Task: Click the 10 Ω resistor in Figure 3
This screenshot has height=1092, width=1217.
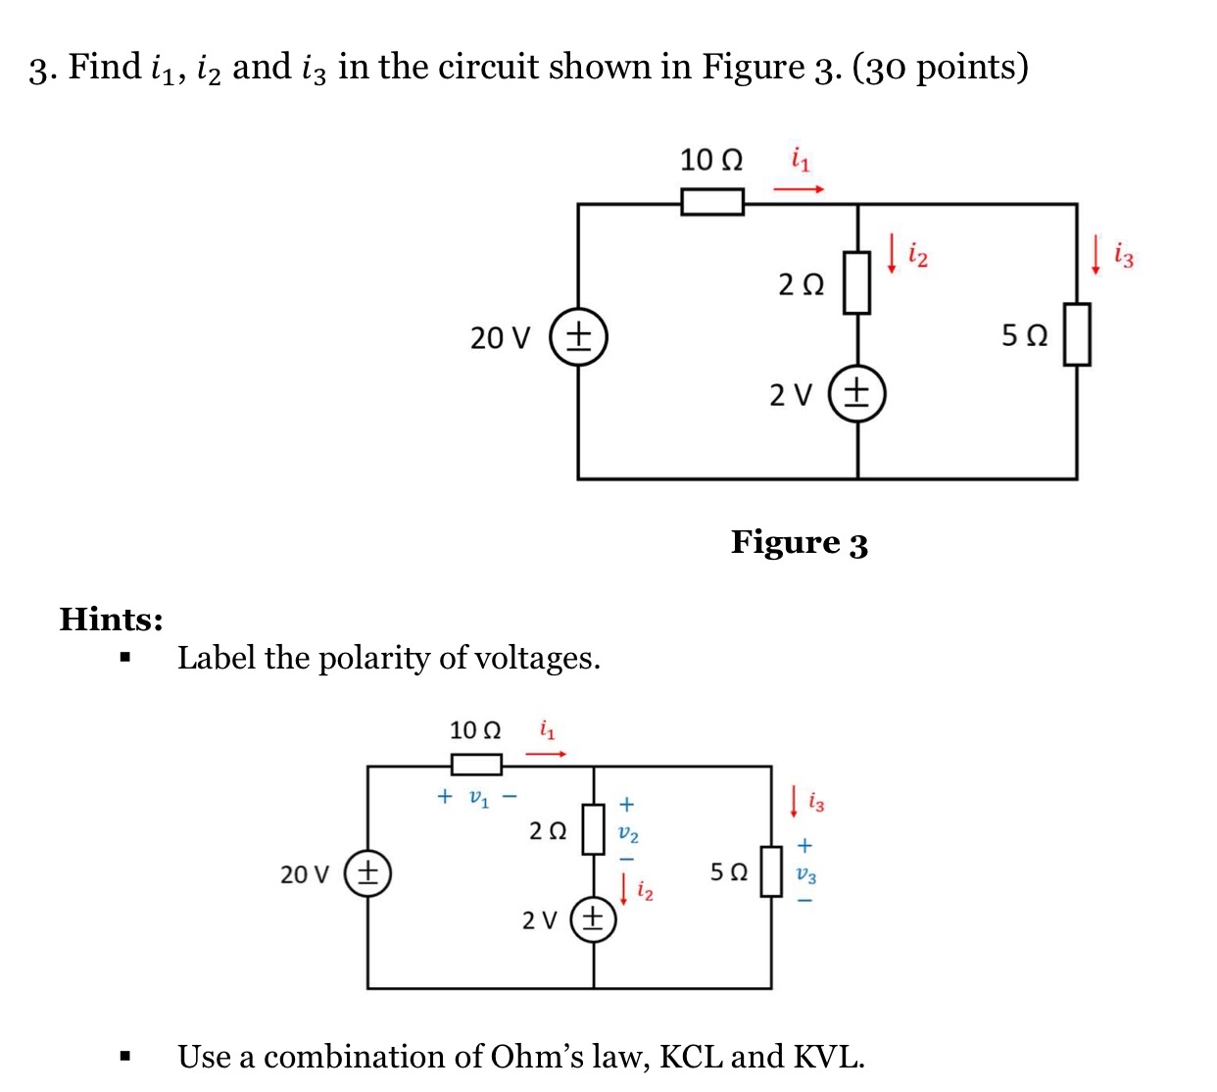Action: (712, 203)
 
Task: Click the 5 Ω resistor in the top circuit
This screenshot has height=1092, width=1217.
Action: (1077, 334)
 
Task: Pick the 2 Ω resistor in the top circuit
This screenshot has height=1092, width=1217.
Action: (857, 282)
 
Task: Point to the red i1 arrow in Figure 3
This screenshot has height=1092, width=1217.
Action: (799, 189)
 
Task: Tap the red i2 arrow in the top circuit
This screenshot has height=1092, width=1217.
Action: (892, 252)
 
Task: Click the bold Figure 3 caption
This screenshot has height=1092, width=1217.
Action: (800, 542)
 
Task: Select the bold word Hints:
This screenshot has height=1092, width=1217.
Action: (111, 620)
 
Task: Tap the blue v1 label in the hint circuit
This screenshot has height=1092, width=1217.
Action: (477, 797)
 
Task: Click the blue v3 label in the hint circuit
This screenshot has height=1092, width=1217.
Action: (805, 874)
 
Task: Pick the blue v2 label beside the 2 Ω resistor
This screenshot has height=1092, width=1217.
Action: (628, 834)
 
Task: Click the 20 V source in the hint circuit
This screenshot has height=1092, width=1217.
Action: (367, 872)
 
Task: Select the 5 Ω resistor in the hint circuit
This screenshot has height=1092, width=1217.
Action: (772, 871)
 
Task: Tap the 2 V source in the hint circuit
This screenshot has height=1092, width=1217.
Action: (593, 919)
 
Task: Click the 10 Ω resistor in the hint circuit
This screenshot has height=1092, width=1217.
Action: (476, 764)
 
